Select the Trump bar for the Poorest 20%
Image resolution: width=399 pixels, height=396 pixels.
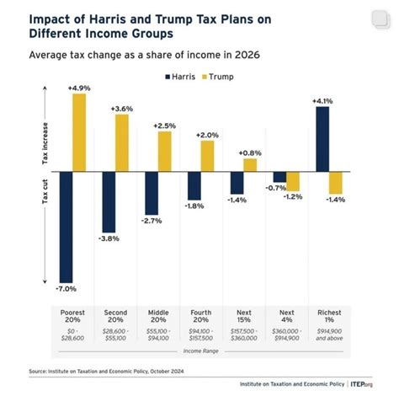(79, 132)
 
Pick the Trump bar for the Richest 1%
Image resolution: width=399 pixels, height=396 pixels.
(337, 182)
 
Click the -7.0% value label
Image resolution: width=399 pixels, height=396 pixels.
(65, 289)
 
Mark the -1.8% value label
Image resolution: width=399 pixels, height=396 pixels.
(194, 206)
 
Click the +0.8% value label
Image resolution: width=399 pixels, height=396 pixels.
(251, 153)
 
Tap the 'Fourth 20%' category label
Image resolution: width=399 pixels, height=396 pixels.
(201, 317)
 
